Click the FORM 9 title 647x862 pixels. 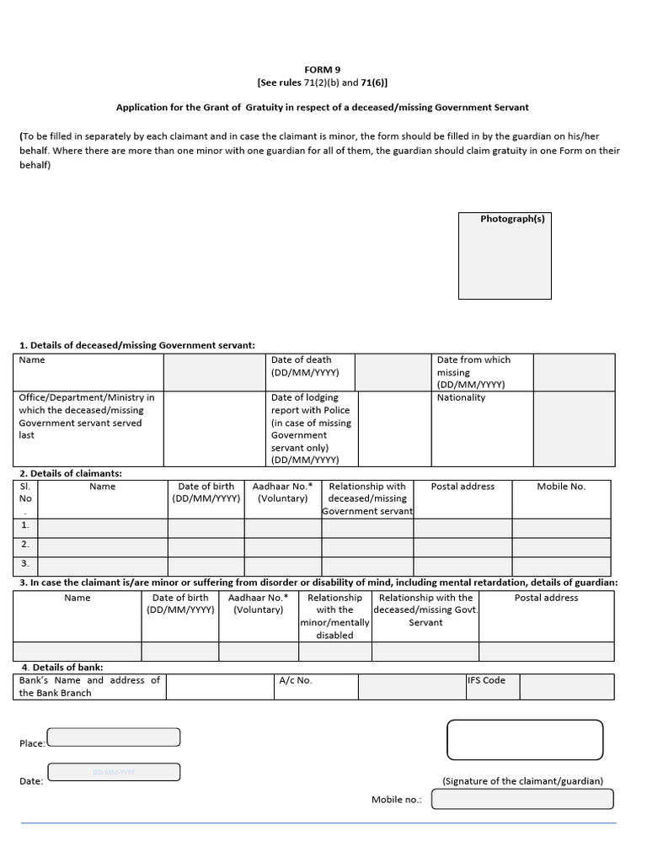click(x=323, y=69)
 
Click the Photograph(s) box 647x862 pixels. click(x=505, y=256)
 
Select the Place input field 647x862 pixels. click(x=114, y=737)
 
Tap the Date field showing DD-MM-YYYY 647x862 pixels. click(x=114, y=772)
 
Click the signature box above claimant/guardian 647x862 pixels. click(x=525, y=740)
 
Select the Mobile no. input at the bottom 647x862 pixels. click(x=522, y=799)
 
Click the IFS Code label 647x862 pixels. click(x=487, y=680)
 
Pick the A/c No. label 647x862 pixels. click(x=296, y=680)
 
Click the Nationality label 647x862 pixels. click(x=461, y=397)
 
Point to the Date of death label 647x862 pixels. click(x=302, y=366)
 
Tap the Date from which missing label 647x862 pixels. click(x=473, y=372)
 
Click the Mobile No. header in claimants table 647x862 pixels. click(x=561, y=487)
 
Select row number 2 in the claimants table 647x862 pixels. click(x=25, y=545)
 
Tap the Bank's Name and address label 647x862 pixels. click(x=89, y=686)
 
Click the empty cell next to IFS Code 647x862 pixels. click(x=554, y=687)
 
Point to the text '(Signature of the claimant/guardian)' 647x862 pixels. click(x=522, y=781)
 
